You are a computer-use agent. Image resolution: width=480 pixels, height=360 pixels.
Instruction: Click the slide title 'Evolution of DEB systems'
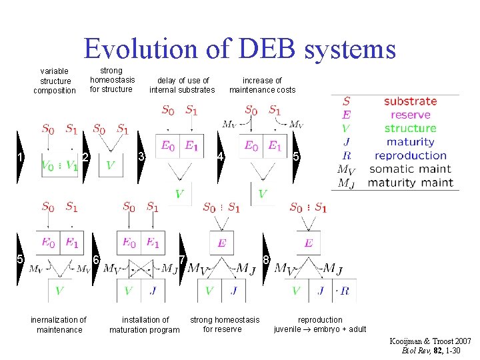pyautogui.click(x=239, y=49)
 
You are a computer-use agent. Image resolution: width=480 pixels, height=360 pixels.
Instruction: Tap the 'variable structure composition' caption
pyautogui.click(x=55, y=81)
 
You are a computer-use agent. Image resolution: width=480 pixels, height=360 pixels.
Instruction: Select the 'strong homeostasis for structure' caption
pyautogui.click(x=112, y=80)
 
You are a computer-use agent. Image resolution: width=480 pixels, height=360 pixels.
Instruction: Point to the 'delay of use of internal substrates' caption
pyautogui.click(x=182, y=85)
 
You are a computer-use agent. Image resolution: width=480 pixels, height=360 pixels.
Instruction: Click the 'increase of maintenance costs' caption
pyautogui.click(x=262, y=85)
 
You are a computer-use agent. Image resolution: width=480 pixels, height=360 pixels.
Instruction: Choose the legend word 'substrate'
pyautogui.click(x=410, y=101)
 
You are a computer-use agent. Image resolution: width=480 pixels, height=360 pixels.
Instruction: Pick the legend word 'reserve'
pyautogui.click(x=410, y=115)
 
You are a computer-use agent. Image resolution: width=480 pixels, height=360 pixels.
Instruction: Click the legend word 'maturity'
pyautogui.click(x=410, y=141)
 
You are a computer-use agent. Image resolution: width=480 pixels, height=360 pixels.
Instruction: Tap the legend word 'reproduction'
pyautogui.click(x=410, y=155)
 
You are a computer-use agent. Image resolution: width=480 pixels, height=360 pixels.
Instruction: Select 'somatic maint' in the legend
pyautogui.click(x=410, y=169)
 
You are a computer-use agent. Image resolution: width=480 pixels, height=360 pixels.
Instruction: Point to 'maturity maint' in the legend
pyautogui.click(x=410, y=183)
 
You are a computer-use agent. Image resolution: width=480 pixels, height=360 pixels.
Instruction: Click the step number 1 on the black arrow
pyautogui.click(x=21, y=157)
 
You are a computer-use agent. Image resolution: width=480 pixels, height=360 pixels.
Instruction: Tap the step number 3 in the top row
pyautogui.click(x=141, y=157)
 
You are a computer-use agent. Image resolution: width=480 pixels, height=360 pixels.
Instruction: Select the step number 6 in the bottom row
pyautogui.click(x=96, y=259)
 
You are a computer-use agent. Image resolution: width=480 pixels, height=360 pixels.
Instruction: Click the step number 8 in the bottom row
pyautogui.click(x=266, y=259)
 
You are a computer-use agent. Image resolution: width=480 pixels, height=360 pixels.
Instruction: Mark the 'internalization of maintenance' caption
pyautogui.click(x=59, y=325)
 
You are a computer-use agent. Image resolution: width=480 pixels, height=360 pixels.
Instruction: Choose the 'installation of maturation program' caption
pyautogui.click(x=145, y=325)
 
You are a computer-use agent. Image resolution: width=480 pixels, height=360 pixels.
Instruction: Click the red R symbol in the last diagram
pyautogui.click(x=344, y=291)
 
